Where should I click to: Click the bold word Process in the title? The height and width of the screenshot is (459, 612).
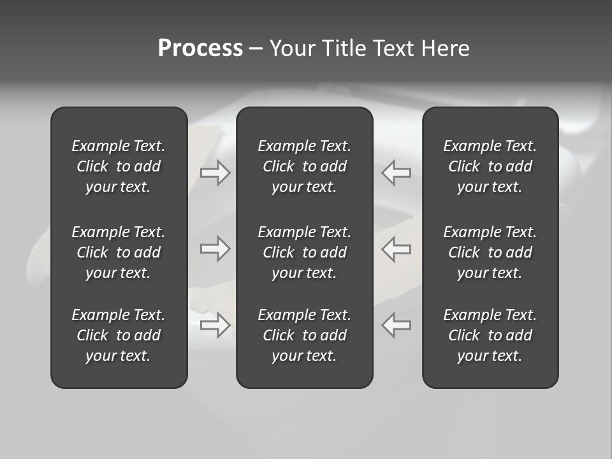[x=200, y=48]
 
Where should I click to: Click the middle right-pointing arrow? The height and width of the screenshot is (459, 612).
[x=215, y=249]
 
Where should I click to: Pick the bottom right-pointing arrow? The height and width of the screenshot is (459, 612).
[x=215, y=325]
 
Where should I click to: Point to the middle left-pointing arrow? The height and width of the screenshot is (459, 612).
[x=397, y=249]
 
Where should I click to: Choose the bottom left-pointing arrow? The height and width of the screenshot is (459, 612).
[x=397, y=325]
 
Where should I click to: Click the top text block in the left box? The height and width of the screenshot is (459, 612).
[x=119, y=166]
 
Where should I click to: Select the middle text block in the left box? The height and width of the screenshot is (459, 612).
[x=119, y=252]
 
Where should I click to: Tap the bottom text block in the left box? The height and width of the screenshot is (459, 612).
[x=119, y=335]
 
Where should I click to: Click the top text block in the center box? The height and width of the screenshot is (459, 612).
[x=304, y=166]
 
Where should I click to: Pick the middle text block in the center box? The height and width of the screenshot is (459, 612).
[x=304, y=252]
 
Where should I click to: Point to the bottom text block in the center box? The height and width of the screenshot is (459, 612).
[x=304, y=335]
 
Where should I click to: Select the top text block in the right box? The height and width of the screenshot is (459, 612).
[x=490, y=166]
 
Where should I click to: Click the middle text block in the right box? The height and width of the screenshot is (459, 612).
[x=490, y=252]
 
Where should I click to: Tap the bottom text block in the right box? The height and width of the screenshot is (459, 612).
[x=490, y=335]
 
